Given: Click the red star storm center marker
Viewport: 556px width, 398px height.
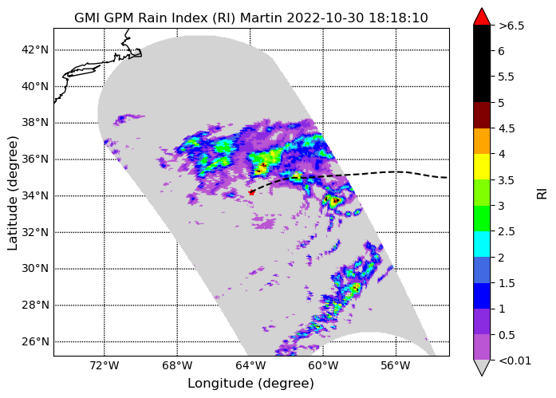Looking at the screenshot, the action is coord(251,192).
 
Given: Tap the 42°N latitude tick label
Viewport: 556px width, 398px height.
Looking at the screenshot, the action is coord(35,49).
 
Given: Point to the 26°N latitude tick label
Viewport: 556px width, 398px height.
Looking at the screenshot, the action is coord(35,341).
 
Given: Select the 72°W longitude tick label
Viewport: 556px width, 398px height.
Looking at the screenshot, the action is coord(104,365).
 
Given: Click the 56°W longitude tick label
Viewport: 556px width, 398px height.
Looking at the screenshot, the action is coord(396,365).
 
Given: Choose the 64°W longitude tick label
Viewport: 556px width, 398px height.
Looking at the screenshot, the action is coord(250,365).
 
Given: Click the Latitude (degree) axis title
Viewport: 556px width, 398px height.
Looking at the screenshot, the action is coord(12,193).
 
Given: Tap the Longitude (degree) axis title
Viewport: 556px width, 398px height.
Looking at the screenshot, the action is coord(250,384).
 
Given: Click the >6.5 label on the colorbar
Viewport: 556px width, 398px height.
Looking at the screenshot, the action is coord(511,26).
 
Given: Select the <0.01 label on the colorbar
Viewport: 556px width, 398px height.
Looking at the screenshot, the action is coord(515,361).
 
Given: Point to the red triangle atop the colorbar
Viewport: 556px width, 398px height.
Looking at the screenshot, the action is coord(482,17).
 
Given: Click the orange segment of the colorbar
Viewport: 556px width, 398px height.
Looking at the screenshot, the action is coord(482,141).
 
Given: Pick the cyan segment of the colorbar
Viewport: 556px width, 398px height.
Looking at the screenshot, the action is coord(482,244).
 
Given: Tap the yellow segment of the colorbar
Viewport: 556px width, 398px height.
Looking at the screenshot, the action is coord(482,167).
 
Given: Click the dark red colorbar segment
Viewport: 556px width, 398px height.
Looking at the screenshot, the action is coord(482,116).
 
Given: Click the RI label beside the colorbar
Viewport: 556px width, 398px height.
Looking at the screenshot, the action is coord(542,194).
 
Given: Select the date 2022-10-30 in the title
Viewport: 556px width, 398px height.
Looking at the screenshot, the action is coord(325,18).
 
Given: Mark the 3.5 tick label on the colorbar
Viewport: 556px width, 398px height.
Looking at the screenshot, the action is coord(507,180).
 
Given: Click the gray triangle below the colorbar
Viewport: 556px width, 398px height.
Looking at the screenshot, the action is coord(482,367).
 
